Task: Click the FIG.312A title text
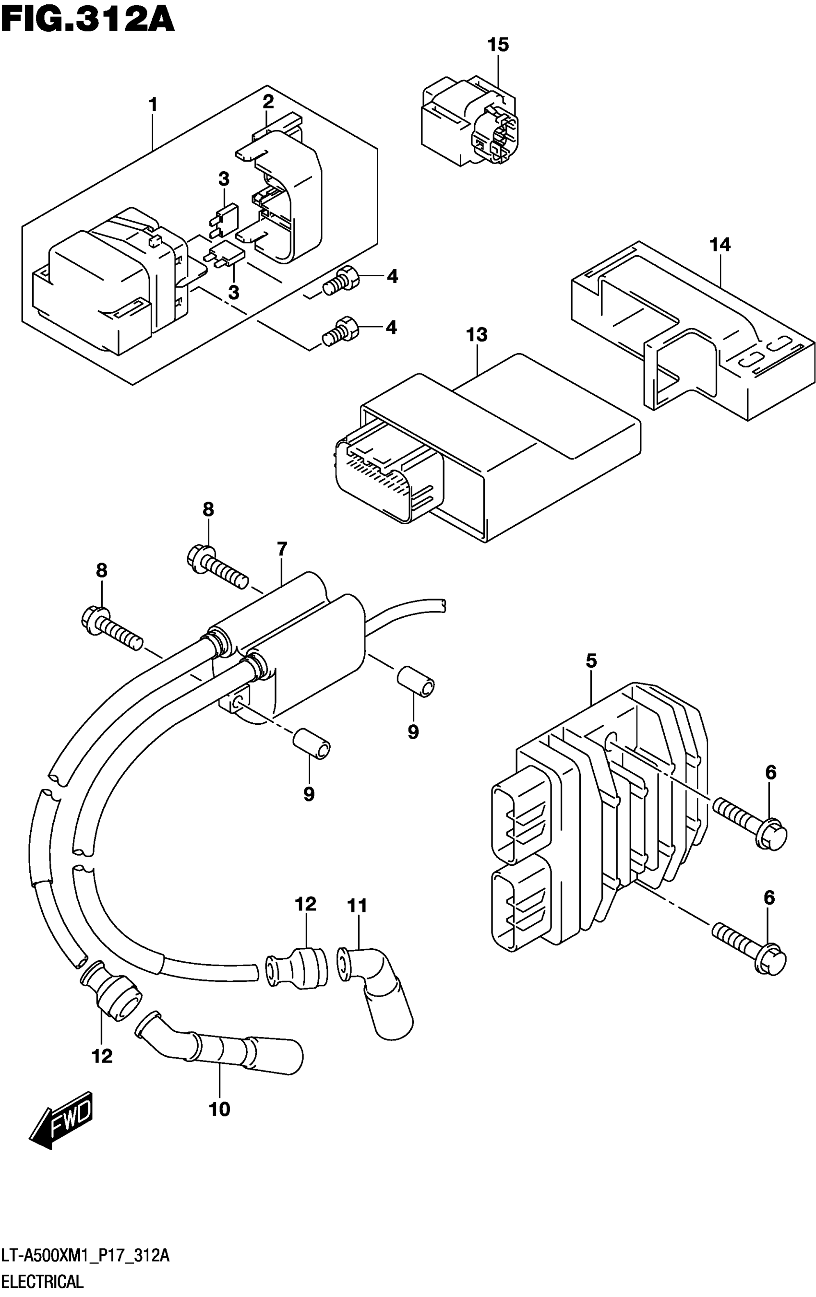pyautogui.click(x=88, y=22)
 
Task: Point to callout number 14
pyautogui.click(x=720, y=245)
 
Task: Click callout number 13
pyautogui.click(x=477, y=335)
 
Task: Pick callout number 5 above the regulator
pyautogui.click(x=591, y=661)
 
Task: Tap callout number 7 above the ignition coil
pyautogui.click(x=282, y=549)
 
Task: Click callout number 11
pyautogui.click(x=357, y=906)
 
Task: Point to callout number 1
pyautogui.click(x=153, y=105)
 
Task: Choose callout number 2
pyautogui.click(x=268, y=101)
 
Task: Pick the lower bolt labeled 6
pyautogui.click(x=750, y=946)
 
